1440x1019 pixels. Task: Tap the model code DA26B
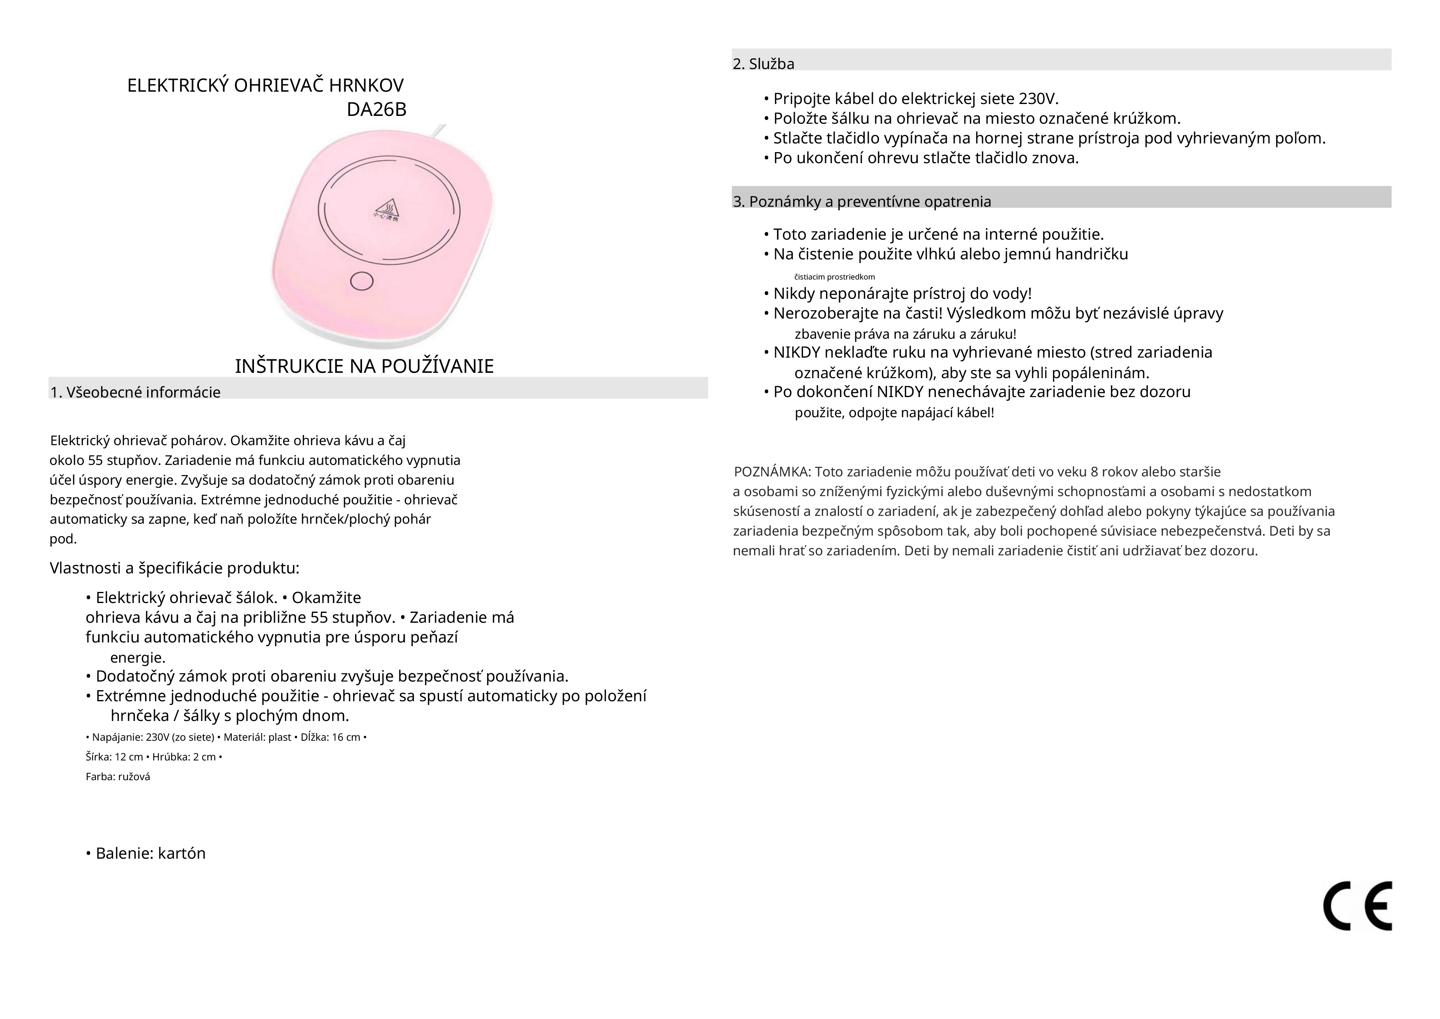point(376,110)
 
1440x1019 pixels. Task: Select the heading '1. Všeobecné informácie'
point(136,392)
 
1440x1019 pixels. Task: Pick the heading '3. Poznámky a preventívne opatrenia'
point(862,201)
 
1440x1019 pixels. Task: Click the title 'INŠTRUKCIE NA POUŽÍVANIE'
point(365,366)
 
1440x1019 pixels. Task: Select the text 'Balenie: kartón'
point(150,853)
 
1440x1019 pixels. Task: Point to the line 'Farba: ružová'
point(118,777)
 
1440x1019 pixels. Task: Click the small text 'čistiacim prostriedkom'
point(834,277)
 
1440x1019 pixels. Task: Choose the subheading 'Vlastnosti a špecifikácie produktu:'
point(174,568)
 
